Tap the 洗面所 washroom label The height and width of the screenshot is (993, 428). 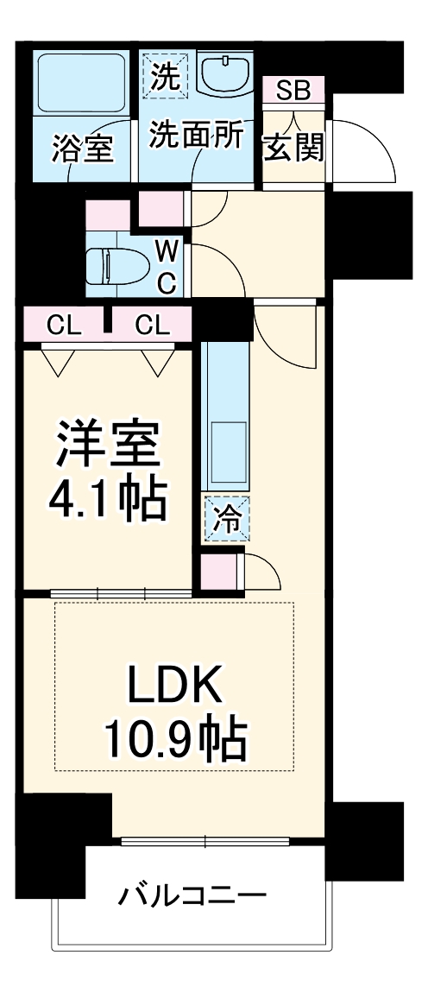pos(197,136)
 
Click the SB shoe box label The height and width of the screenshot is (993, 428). pos(293,90)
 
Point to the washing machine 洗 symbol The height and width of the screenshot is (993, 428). pos(164,76)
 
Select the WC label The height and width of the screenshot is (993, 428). pos(167,265)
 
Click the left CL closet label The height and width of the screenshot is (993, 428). pos(64,326)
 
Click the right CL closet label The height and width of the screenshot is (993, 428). pos(152,326)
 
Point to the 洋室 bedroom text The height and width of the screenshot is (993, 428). pos(107,445)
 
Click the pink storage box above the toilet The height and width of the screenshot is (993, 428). pos(107,214)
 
